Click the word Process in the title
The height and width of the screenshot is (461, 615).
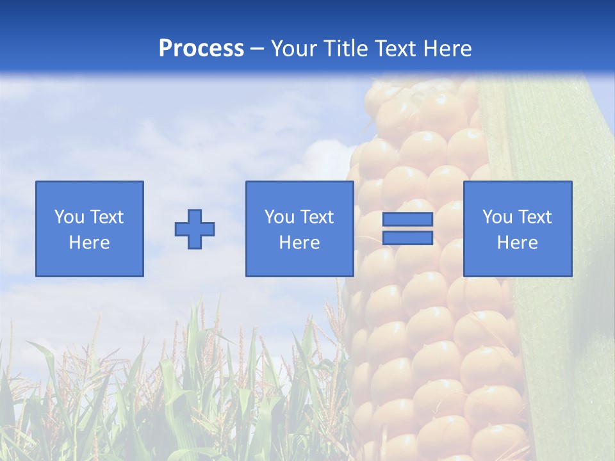pyautogui.click(x=201, y=49)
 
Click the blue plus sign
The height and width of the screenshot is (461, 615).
pyautogui.click(x=195, y=229)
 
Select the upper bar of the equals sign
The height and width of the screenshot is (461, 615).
pyautogui.click(x=407, y=220)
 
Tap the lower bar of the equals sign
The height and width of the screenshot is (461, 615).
pyautogui.click(x=407, y=238)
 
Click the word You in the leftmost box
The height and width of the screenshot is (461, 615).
pyautogui.click(x=68, y=217)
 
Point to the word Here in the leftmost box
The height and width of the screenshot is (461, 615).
pyautogui.click(x=90, y=243)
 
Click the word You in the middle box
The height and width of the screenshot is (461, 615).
pyautogui.click(x=278, y=217)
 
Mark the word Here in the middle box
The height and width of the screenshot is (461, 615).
pyautogui.click(x=300, y=243)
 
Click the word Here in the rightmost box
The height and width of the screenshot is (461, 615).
pyautogui.click(x=518, y=243)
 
